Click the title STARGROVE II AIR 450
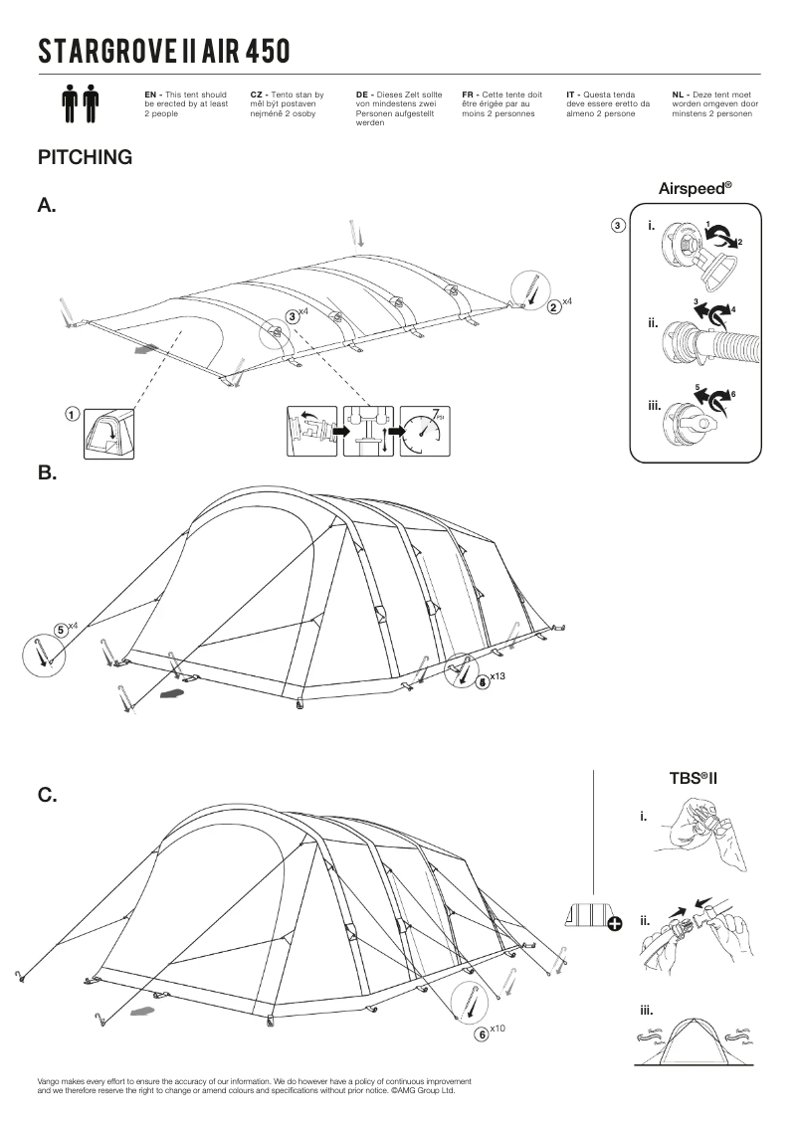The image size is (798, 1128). point(164,51)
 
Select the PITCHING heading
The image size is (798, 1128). point(85,157)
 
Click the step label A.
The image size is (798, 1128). point(47,206)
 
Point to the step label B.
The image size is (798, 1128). point(47,473)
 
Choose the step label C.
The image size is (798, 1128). point(47,796)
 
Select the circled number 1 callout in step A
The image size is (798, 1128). point(73,414)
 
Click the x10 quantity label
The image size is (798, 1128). point(499,1029)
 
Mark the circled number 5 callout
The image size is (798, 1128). point(61,629)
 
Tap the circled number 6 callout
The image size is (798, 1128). point(483,1034)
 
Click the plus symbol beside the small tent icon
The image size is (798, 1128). point(615,924)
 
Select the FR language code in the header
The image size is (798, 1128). point(469,94)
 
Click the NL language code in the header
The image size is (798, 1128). point(680,94)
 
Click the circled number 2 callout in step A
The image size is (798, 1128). point(554,306)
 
